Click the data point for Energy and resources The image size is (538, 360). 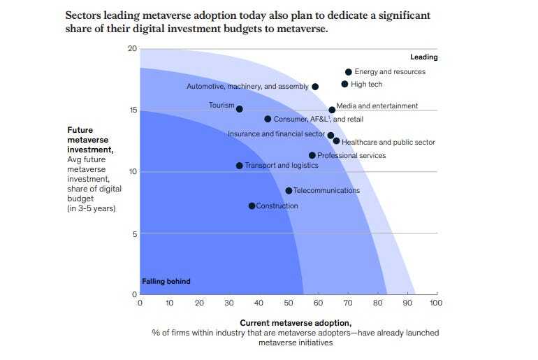coord(348,72)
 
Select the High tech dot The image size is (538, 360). coord(344,85)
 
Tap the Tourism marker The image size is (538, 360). coord(240,109)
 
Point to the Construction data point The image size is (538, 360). coord(252,206)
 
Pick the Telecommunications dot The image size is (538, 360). coord(289,191)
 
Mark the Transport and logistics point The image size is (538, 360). coord(240,166)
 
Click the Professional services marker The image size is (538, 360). coord(312,155)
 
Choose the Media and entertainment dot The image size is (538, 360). coord(332,110)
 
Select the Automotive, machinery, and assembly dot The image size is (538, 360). coord(315,87)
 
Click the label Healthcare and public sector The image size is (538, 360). coord(388,143)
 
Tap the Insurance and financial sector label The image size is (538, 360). coord(276,134)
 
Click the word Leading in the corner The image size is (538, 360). coord(423,57)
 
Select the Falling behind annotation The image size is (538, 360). coord(166,282)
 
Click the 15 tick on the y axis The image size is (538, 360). coord(132,110)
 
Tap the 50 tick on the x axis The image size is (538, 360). coord(289,303)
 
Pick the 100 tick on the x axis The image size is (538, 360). coord(436,303)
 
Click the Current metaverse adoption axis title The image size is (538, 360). coord(295,323)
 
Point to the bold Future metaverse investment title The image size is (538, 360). coord(90,139)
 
